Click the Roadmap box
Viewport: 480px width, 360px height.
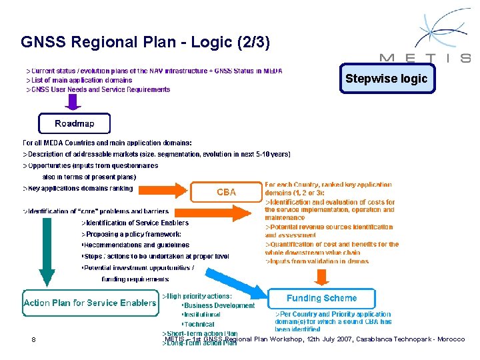pos(74,123)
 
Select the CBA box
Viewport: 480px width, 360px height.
pos(226,192)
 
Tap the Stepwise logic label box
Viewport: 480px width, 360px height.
pos(387,79)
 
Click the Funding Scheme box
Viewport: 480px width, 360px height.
pos(321,299)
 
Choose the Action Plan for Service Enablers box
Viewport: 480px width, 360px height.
pos(90,303)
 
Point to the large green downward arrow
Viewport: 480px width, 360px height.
pos(47,253)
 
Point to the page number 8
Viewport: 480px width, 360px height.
pos(33,340)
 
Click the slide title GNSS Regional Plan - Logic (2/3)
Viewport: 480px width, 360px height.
pos(145,43)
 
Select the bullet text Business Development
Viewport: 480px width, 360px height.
pos(220,305)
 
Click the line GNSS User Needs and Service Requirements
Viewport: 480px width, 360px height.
pos(98,89)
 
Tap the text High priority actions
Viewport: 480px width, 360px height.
pos(197,296)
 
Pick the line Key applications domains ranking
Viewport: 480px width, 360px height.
pos(78,189)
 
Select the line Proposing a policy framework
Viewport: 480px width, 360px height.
pos(131,234)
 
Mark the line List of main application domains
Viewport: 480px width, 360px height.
pos(79,80)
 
